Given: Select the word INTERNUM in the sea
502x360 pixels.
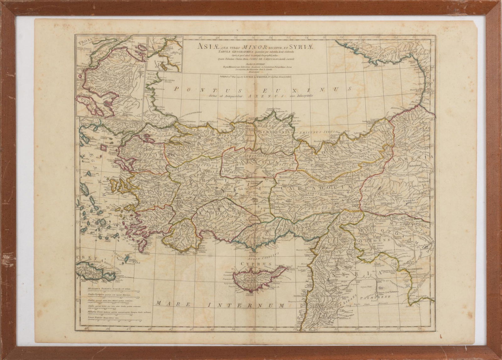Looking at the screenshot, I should [x=244, y=304].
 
